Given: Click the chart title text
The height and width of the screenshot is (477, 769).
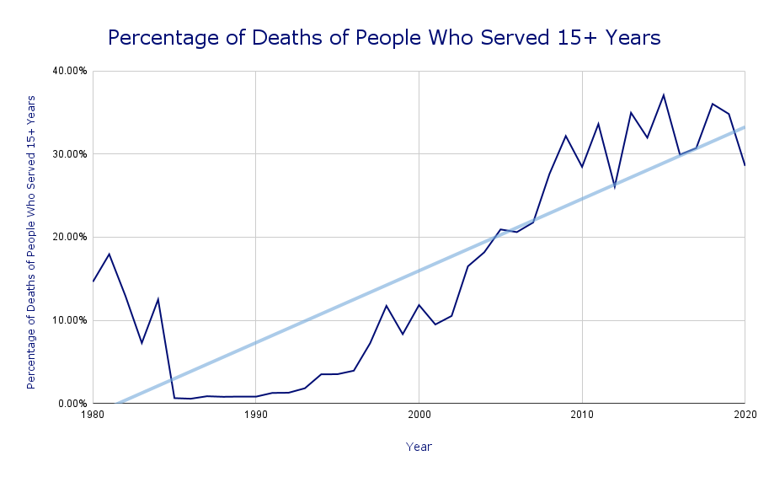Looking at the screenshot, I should tap(384, 38).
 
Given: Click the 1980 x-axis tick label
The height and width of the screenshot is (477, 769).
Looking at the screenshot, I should tap(93, 415).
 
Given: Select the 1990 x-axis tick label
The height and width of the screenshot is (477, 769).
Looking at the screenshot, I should tap(255, 415).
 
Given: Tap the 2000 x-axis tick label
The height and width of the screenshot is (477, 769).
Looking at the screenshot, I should tap(419, 415).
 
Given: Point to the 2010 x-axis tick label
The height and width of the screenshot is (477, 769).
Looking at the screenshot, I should tap(582, 415).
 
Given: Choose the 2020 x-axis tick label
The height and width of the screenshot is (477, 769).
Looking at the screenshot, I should tap(745, 415).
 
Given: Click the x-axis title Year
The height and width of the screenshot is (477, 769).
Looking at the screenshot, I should tap(419, 447).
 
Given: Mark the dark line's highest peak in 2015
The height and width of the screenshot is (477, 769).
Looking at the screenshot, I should tap(664, 94).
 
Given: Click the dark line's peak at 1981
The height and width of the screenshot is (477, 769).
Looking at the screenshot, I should tap(109, 254).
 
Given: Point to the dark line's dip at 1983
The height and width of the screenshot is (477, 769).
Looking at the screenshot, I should tap(142, 343).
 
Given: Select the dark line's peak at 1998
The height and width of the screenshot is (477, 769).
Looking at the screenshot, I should tap(386, 305).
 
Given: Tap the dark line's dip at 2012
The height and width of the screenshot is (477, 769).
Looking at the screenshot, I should tap(615, 187).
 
